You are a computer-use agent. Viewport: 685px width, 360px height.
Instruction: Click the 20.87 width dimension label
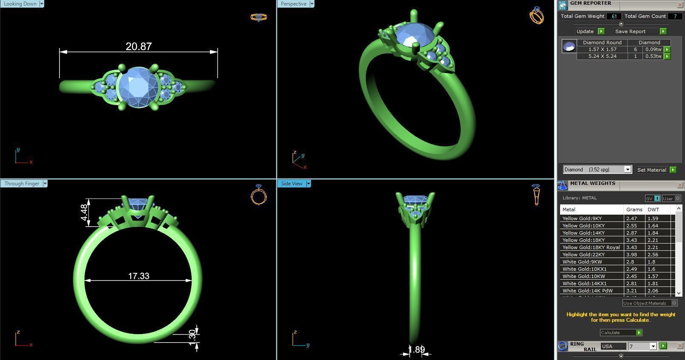[x=139, y=46]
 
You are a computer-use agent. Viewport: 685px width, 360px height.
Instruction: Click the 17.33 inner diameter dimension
[x=139, y=276]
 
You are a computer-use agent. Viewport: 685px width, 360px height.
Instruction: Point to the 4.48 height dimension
[x=84, y=213]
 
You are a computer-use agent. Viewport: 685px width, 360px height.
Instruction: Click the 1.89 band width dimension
[x=416, y=349]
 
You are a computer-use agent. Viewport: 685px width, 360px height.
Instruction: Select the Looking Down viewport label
[x=20, y=4]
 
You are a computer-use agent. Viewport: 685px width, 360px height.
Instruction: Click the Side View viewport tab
[x=292, y=184]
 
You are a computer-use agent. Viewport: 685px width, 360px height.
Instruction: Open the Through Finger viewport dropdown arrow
[x=45, y=184]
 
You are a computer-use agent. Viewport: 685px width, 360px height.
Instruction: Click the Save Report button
[x=630, y=31]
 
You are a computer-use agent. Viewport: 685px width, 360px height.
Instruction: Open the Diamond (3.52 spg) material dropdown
[x=627, y=170]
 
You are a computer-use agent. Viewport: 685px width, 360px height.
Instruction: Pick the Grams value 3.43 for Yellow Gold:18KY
[x=632, y=240]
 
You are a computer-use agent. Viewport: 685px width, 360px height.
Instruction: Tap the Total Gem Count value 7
[x=675, y=16]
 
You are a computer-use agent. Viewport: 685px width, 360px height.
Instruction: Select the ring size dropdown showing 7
[x=642, y=346]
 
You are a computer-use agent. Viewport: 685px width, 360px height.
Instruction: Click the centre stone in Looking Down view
[x=138, y=87]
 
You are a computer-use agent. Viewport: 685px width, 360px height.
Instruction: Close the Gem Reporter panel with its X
[x=679, y=5]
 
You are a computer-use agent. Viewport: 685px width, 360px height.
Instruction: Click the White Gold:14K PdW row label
[x=587, y=291]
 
